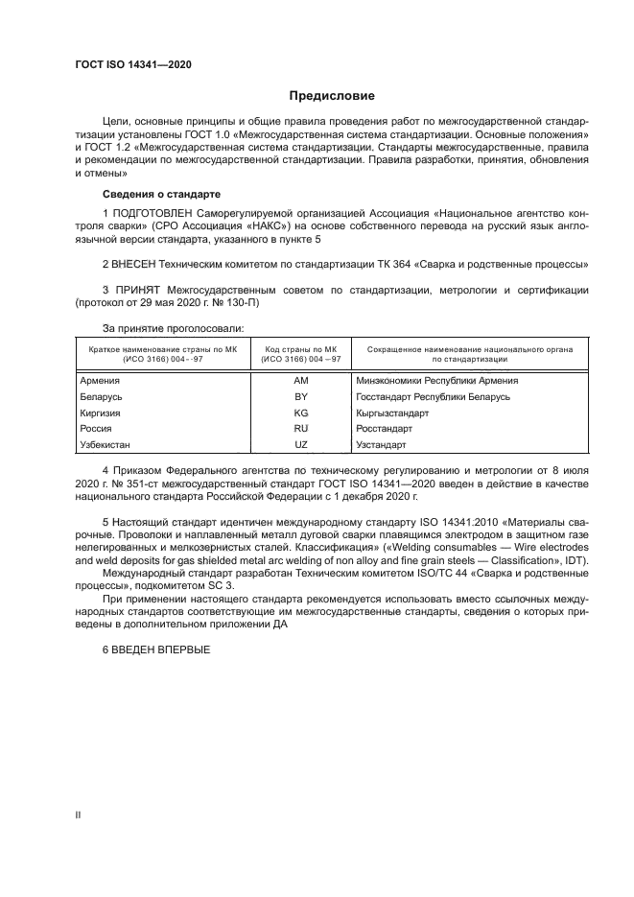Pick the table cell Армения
(x=100, y=381)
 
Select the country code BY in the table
(x=300, y=396)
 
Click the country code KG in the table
(x=300, y=413)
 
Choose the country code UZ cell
(x=300, y=445)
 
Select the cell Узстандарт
(x=382, y=445)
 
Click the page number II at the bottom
(x=77, y=814)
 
